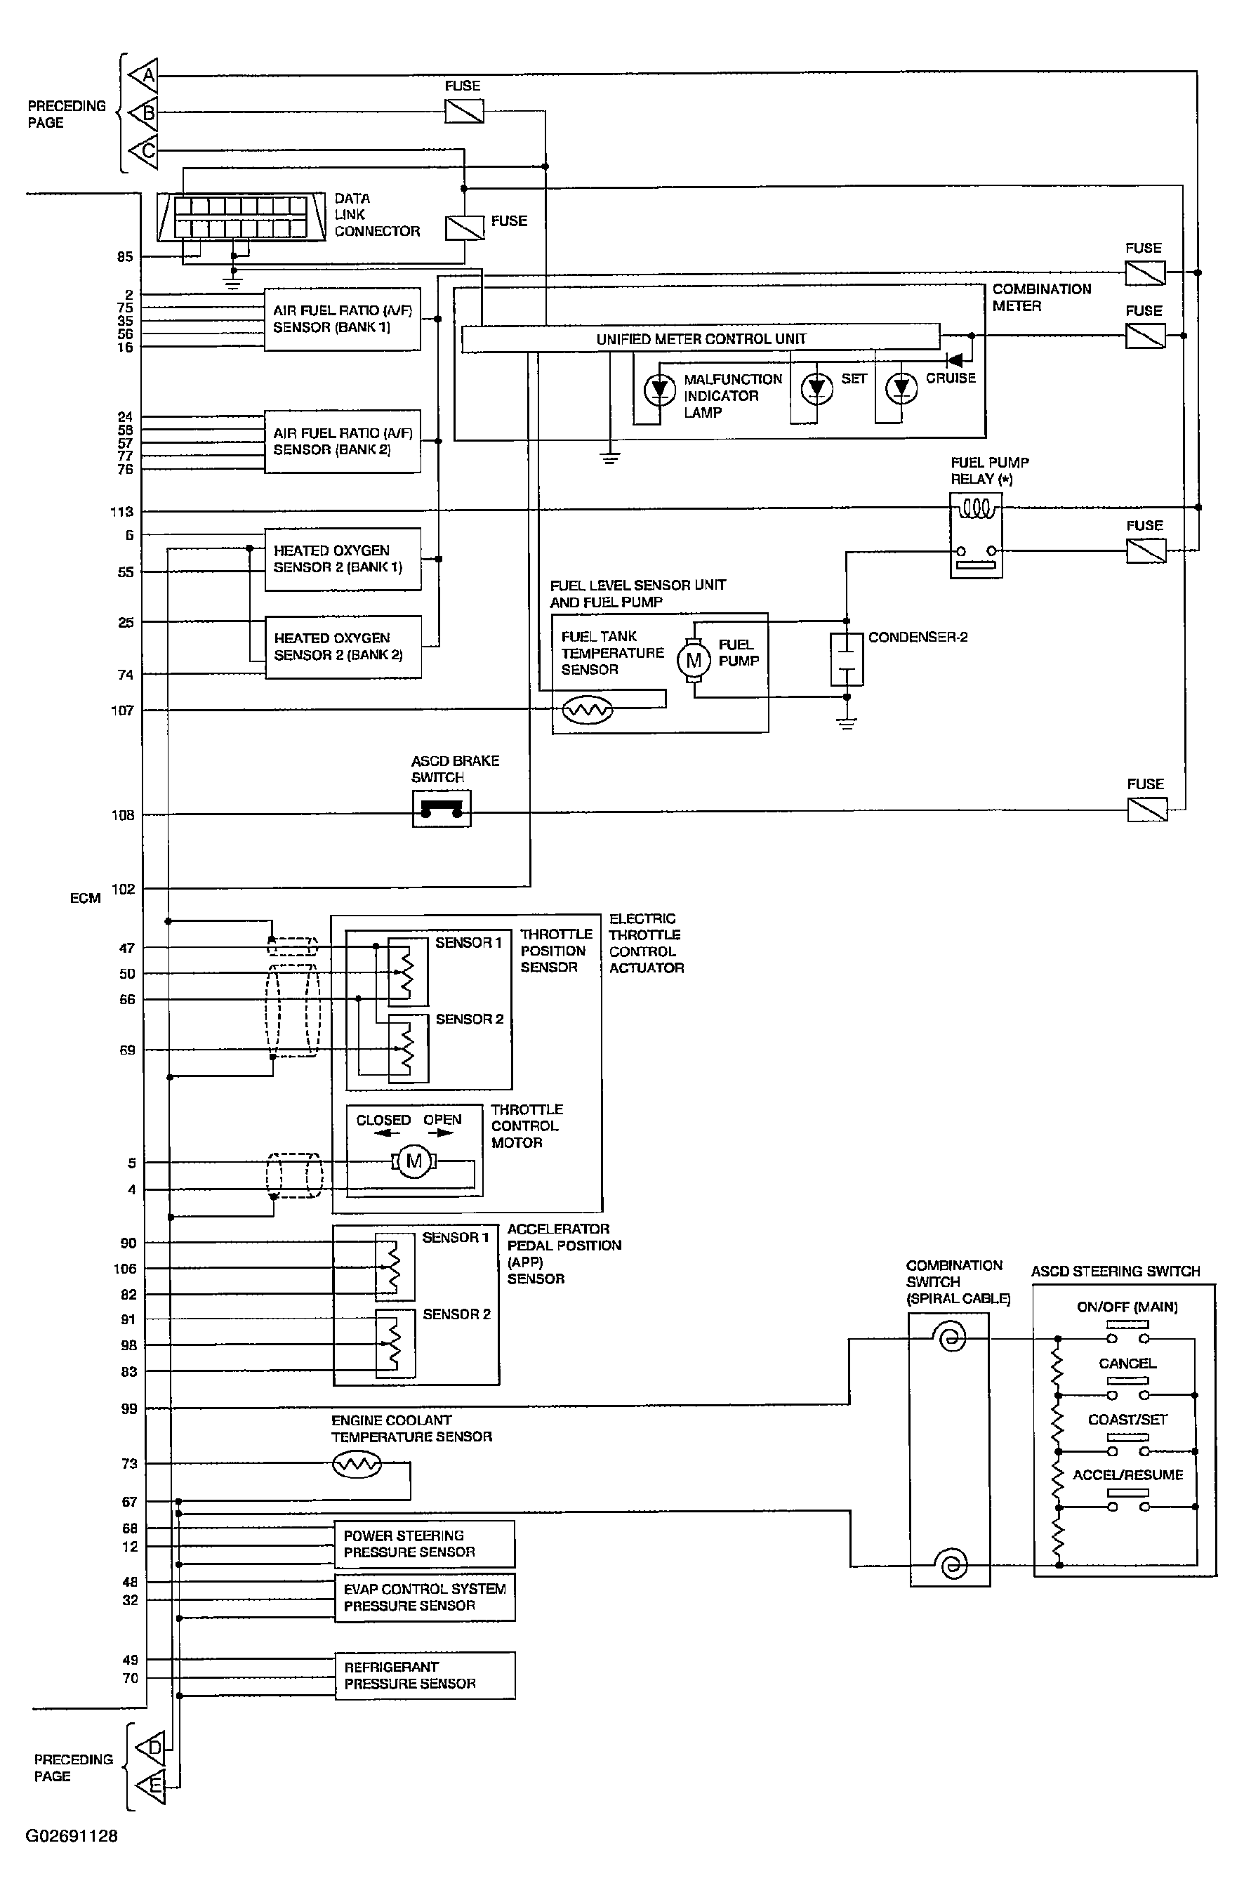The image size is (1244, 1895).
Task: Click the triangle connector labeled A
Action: coord(144,76)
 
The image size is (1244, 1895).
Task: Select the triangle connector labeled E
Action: coord(150,1786)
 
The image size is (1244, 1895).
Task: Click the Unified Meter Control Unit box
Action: coord(701,338)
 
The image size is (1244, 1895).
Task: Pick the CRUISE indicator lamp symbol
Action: coord(901,388)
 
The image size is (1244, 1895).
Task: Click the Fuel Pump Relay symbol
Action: coord(977,534)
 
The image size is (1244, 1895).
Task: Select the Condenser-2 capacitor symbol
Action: coord(847,659)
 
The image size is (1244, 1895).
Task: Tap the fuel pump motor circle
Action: coord(693,659)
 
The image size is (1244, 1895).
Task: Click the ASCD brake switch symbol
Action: coord(442,809)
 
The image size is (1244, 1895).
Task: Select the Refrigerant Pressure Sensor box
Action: coord(425,1675)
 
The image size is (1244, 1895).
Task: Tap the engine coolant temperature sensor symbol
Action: coord(357,1463)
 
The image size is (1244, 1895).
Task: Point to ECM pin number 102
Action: coord(123,889)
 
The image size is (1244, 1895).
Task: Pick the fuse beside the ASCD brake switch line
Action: coord(1147,810)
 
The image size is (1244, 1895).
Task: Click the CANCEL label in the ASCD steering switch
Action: coord(1127,1363)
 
